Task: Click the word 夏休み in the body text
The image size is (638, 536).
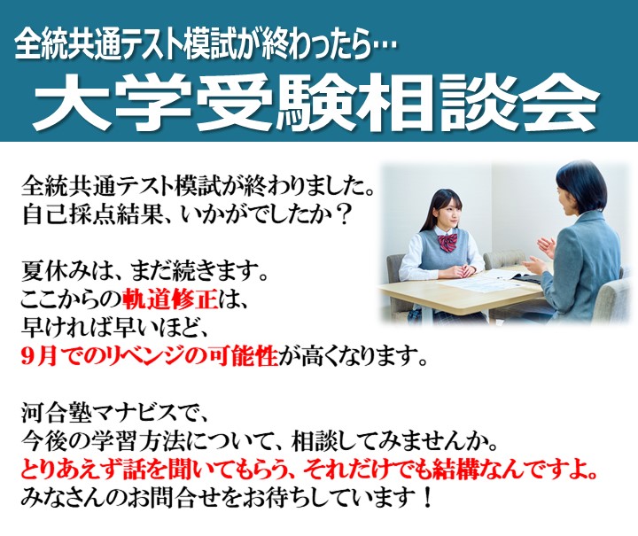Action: pos(57,272)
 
